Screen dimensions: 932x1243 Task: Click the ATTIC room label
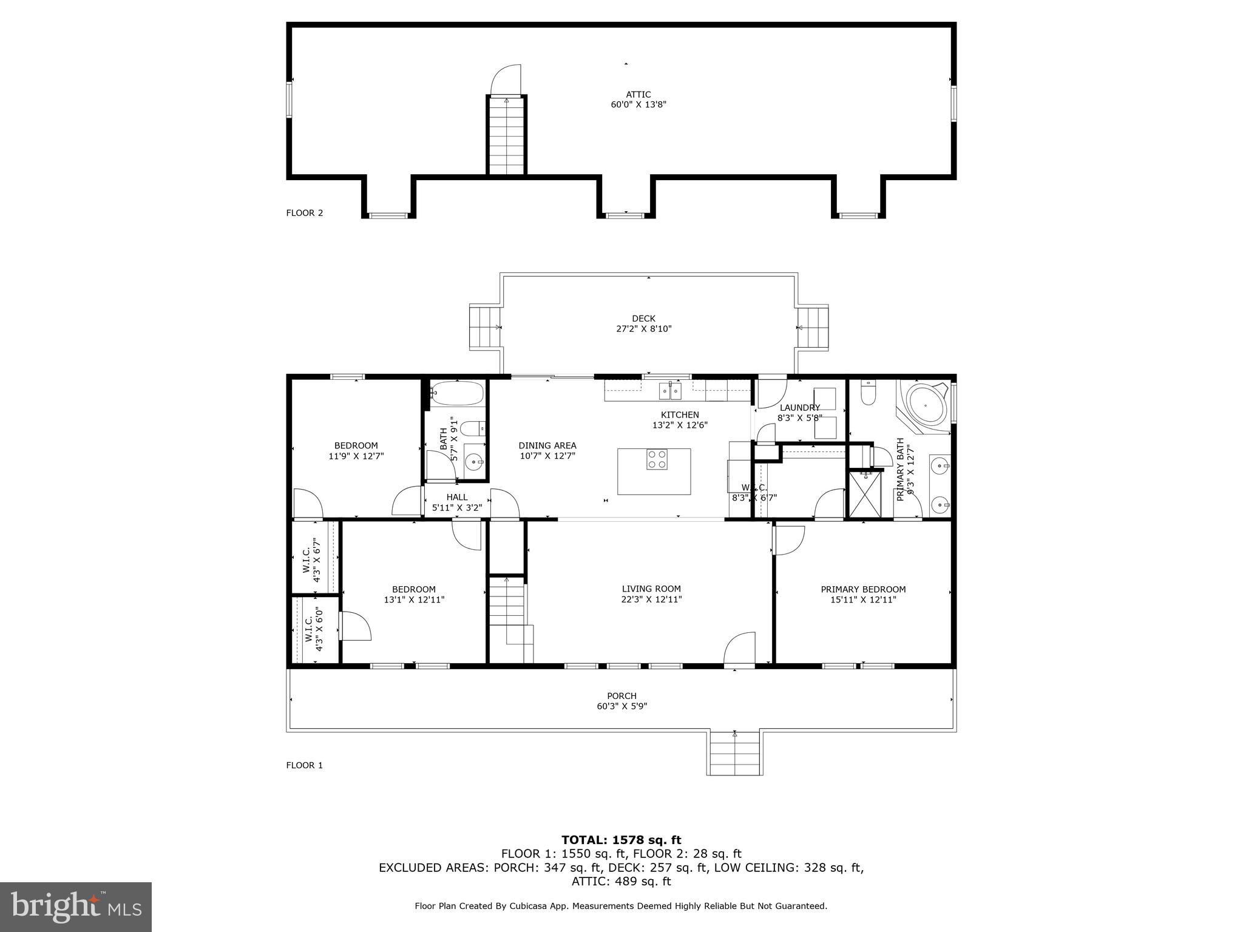tap(638, 95)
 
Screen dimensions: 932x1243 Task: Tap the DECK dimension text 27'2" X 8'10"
tap(643, 329)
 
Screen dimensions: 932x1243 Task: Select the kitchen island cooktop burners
tap(657, 459)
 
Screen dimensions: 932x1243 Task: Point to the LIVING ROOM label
tap(651, 589)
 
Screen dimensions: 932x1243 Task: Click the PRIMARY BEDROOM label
tap(863, 589)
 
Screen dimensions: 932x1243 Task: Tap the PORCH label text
tap(621, 696)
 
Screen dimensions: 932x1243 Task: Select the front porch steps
tap(734, 754)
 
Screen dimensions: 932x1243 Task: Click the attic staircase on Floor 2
tap(506, 136)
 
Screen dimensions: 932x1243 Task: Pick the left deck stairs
tap(484, 327)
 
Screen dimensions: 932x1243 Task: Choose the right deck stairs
tap(813, 327)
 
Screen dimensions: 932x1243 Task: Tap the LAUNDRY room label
tap(799, 408)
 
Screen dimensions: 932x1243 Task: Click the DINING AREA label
tap(547, 445)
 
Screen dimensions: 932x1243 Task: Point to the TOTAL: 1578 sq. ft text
tap(621, 840)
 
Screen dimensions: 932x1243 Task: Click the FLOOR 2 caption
tap(305, 213)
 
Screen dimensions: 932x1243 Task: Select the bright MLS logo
tap(76, 907)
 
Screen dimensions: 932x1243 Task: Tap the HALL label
tap(456, 497)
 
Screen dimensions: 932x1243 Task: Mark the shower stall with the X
tap(864, 495)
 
